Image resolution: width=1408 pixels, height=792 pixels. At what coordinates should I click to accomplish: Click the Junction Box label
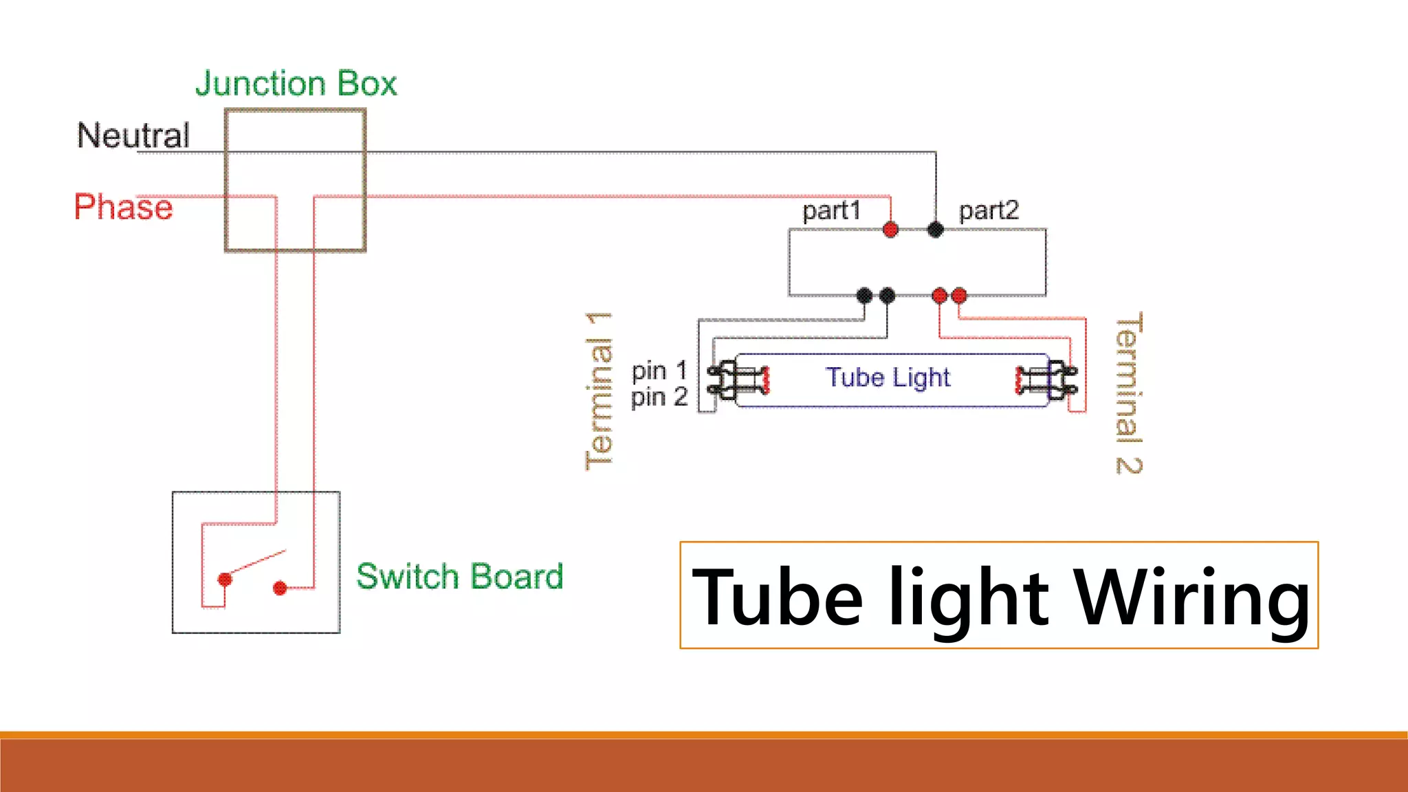296,84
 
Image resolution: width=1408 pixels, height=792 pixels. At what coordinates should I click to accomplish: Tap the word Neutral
133,135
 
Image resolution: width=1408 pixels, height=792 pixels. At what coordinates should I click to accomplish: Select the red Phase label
123,207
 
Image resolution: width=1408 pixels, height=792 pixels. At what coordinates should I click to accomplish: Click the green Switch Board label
459,576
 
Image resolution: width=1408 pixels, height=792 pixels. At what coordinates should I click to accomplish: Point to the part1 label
831,210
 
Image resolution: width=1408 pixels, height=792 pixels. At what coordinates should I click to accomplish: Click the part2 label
989,210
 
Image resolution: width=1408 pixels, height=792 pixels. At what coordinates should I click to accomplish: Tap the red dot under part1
890,230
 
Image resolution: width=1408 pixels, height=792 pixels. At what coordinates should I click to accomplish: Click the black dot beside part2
935,230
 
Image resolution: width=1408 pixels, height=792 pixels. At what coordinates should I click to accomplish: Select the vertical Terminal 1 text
599,390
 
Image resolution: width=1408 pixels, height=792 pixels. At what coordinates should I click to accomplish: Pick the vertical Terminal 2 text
1128,393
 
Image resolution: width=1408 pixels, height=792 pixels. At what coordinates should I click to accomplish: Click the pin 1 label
659,371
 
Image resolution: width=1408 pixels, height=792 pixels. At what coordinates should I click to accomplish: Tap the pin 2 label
659,397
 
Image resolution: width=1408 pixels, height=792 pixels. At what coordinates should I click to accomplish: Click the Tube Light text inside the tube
888,377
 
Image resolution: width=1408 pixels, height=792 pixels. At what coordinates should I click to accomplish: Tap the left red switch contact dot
225,580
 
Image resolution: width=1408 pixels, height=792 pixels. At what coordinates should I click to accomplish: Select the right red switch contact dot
280,588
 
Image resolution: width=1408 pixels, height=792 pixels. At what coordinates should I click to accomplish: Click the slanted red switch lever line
258,561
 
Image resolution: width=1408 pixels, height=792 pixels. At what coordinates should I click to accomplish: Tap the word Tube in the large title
777,597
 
